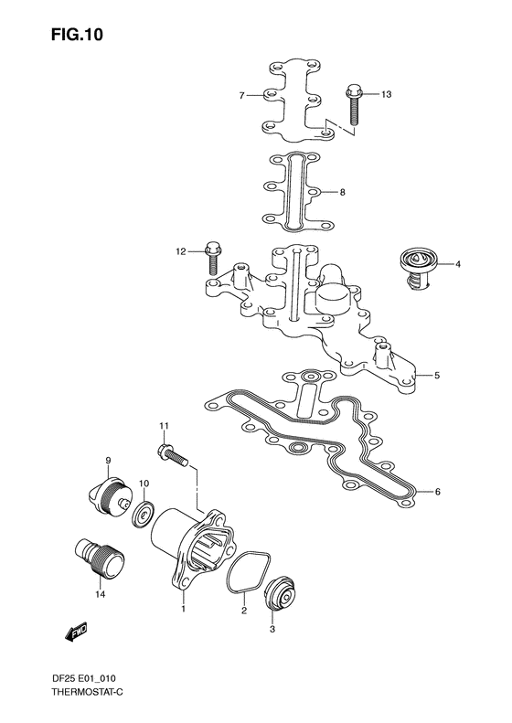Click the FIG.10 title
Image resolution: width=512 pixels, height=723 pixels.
[77, 35]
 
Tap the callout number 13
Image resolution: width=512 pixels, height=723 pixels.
[386, 94]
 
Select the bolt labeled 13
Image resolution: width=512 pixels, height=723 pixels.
[352, 104]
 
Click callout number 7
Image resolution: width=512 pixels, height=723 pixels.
[241, 95]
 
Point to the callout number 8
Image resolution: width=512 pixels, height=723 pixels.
[342, 192]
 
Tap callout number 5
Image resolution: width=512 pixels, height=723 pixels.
[437, 376]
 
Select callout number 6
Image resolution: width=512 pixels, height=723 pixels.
[437, 492]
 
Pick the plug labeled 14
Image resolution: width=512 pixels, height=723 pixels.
[99, 558]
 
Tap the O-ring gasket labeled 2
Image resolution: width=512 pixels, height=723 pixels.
[249, 571]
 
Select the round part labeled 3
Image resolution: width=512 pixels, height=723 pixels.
[283, 598]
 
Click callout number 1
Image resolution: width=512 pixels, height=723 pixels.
[183, 610]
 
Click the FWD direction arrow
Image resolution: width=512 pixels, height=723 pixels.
[76, 633]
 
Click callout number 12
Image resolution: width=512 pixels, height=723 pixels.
[180, 251]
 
